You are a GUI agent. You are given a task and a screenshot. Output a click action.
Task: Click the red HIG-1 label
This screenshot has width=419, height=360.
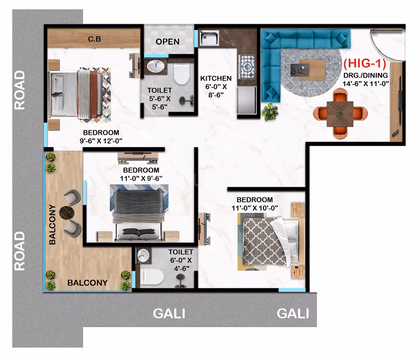click(365, 64)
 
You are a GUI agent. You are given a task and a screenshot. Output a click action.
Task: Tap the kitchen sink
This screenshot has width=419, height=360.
click(209, 38)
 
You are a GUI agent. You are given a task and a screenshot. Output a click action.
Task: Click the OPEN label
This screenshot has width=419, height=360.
click(167, 42)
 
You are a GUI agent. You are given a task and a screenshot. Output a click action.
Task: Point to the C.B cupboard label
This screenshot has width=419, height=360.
click(95, 39)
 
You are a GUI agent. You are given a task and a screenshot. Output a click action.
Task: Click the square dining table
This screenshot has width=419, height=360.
click(340, 114)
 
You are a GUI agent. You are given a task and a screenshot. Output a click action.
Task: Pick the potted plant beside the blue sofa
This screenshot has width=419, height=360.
click(270, 112)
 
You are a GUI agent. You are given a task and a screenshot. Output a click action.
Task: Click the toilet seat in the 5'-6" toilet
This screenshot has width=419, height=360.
click(181, 73)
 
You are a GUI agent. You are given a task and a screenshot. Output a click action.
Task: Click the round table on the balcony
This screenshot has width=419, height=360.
click(67, 213)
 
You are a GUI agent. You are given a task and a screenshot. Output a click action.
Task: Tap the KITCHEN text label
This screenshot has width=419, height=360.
click(216, 78)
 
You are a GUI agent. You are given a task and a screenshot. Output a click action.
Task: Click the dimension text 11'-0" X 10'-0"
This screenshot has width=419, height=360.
click(255, 208)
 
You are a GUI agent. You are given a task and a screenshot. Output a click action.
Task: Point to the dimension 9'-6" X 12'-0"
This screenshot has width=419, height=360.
click(101, 141)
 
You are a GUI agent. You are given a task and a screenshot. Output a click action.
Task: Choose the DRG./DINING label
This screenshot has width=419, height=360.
click(366, 75)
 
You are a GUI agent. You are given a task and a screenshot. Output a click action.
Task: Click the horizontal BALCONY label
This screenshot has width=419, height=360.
click(87, 283)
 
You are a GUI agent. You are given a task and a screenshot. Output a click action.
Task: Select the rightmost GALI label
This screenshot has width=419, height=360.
click(293, 313)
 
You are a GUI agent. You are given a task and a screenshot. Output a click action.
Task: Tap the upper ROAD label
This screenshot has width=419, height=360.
click(19, 90)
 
